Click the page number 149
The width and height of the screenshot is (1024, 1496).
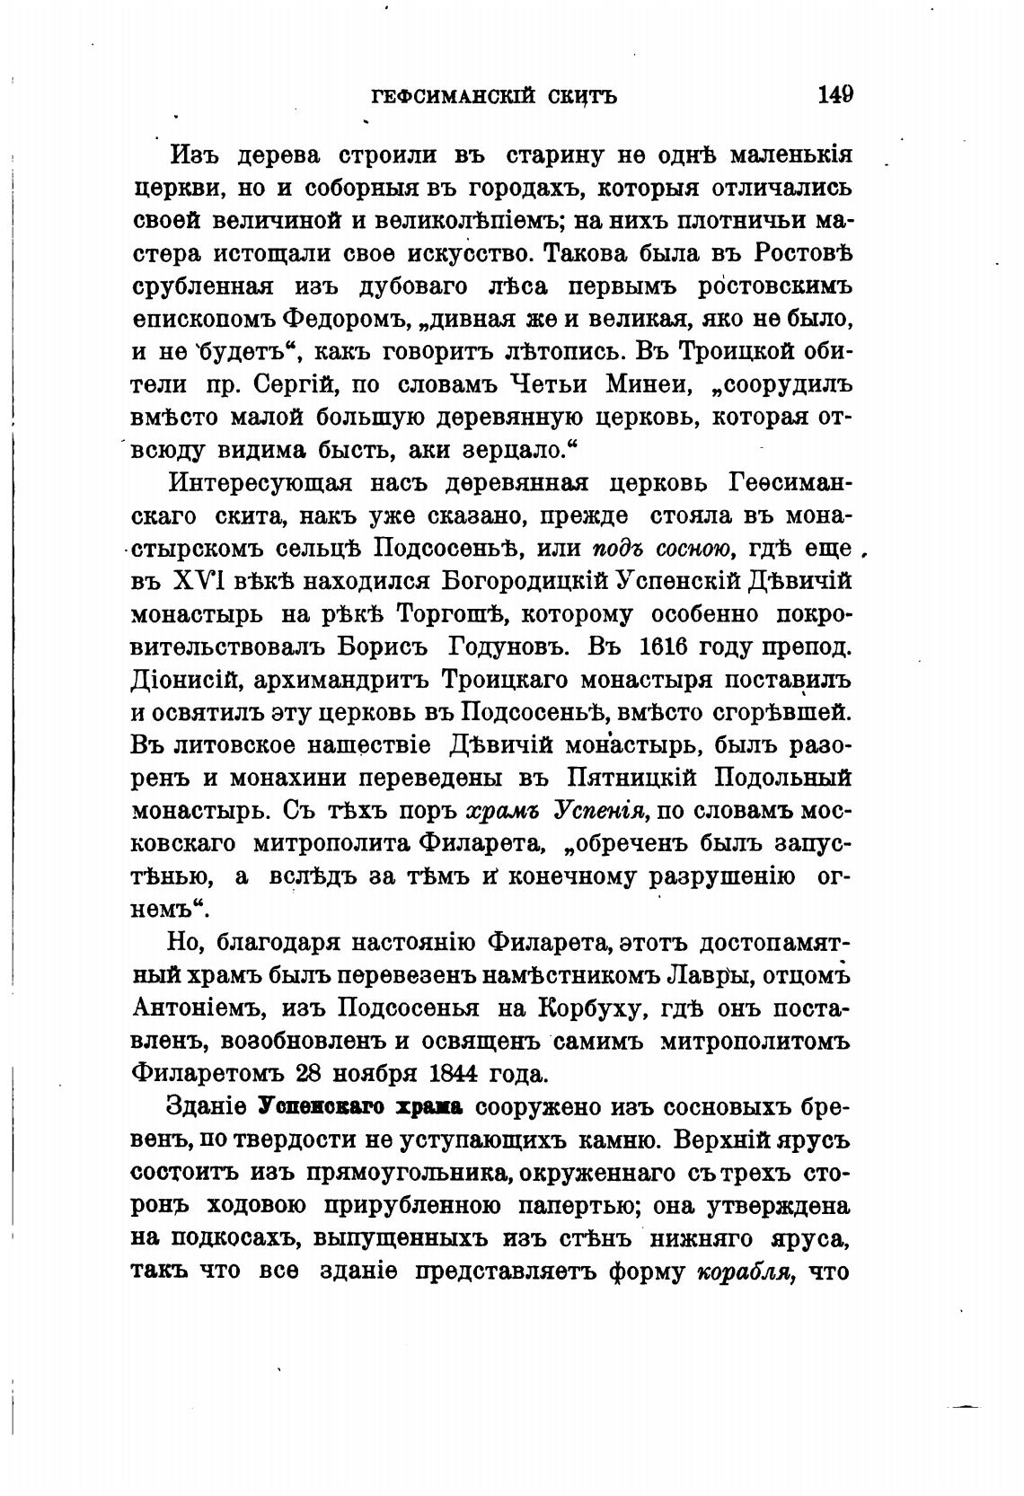coord(835,94)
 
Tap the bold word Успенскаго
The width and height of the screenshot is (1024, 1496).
coord(315,1106)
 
